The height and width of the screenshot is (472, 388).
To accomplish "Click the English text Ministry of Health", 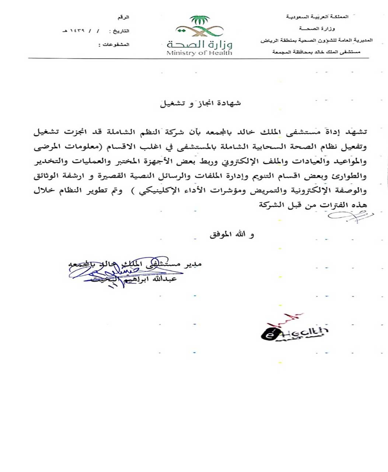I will tap(199, 53).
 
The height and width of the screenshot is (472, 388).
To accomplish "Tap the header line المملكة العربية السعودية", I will tap(317, 17).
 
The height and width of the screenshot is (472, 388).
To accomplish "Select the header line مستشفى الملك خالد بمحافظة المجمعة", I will tap(316, 52).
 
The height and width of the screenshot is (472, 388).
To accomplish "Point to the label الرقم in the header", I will tap(123, 17).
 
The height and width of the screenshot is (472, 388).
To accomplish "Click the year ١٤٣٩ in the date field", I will tap(76, 31).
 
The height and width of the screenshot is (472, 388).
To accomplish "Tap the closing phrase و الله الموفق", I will tap(232, 234).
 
